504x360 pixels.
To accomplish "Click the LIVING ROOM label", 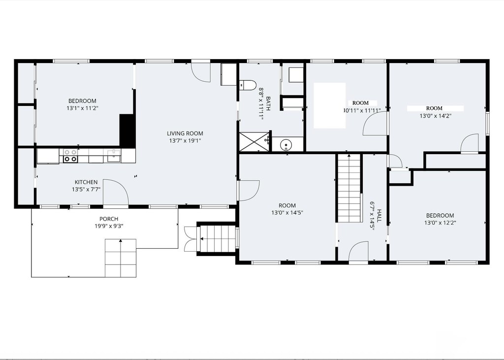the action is pos(185,133).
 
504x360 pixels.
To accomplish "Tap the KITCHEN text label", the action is pos(86,182).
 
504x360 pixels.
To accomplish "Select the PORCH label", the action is pos(109,219).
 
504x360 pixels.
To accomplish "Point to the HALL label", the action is pos(379,216).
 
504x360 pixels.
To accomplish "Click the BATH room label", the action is pos(268,103).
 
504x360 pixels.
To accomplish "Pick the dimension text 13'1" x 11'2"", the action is pos(82,108).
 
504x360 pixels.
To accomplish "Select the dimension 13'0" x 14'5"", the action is pos(287,213).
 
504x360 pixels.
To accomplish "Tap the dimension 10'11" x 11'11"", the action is pos(362,111).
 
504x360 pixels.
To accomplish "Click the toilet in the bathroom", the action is pos(248,85).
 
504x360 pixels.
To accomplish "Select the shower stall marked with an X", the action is pos(254,142).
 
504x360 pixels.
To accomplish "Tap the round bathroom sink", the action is pos(285,145).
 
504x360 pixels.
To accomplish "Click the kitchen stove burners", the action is pos(70,156).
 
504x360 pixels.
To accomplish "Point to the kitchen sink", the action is pos(114,156).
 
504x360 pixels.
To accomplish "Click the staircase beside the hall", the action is pos(349,188).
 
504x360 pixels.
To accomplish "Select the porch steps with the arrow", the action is pos(121,258).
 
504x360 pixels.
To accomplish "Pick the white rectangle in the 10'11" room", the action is pos(329,105).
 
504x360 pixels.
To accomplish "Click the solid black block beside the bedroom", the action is pos(127,131).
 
